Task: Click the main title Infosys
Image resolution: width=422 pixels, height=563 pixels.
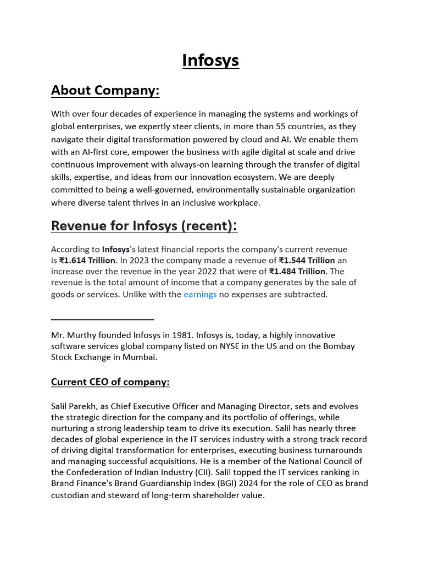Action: click(x=210, y=60)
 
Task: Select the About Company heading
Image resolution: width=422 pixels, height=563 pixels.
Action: click(x=105, y=90)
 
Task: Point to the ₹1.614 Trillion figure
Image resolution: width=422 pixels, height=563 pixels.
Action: click(x=87, y=260)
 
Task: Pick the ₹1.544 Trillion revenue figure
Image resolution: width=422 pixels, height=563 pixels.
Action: click(x=307, y=260)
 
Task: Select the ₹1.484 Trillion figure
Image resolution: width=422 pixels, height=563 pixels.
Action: click(x=297, y=271)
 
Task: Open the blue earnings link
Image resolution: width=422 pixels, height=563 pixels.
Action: click(x=200, y=294)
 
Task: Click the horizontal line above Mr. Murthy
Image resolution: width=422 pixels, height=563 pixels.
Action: click(x=102, y=319)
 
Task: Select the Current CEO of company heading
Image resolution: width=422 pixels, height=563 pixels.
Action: click(x=110, y=382)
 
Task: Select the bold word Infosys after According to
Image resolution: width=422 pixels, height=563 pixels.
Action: click(x=116, y=249)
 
